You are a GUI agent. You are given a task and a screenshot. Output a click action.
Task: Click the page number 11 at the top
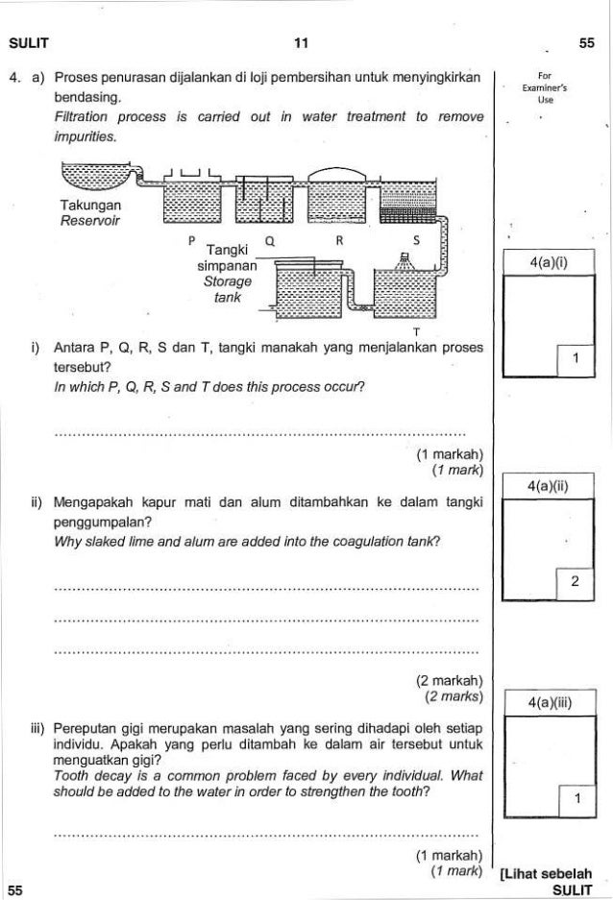306,43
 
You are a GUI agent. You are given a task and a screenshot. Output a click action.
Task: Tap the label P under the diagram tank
191,238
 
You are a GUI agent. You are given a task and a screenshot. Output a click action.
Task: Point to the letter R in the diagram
341,239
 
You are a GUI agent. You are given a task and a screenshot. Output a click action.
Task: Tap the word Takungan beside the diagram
89,206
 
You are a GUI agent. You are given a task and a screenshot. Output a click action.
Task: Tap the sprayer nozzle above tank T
405,257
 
